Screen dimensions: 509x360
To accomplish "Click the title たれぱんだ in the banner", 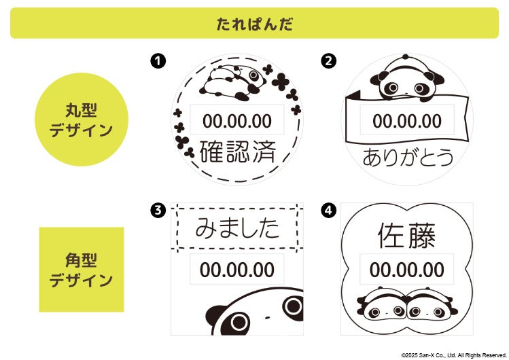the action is coord(254,24).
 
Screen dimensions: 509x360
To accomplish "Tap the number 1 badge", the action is coord(158,61).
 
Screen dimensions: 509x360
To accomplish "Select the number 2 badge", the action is coord(328,61).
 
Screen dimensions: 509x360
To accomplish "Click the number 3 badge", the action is coord(158,211).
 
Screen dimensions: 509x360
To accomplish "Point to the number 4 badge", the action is coord(328,211).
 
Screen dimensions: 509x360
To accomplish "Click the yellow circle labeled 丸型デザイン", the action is coord(82,120).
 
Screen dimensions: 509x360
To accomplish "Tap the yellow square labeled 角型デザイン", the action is coord(82,270).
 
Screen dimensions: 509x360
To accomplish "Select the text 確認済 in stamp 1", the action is coord(238,151).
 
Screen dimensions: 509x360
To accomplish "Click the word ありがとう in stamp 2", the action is coord(408,158).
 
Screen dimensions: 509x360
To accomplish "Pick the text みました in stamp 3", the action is coord(237,228).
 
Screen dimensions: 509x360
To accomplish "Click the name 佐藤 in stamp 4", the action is coord(407,236).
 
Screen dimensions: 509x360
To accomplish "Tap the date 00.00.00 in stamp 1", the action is coord(237,121).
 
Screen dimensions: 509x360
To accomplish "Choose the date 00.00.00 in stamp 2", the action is coord(407,121).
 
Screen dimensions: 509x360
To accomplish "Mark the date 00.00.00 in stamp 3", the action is coord(237,270).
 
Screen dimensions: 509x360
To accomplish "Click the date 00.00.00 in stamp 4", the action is coord(407,270).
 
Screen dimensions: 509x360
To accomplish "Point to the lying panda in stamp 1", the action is coord(232,82).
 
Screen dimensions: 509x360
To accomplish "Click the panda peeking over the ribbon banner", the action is coord(407,78).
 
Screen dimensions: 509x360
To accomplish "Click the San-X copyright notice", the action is coord(454,355).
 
